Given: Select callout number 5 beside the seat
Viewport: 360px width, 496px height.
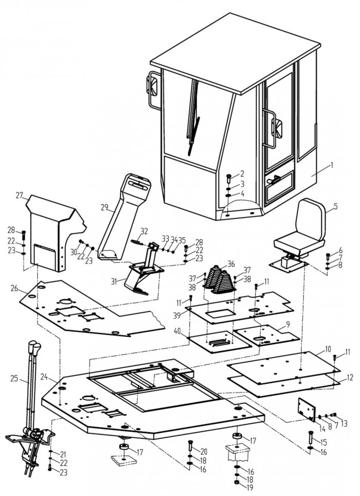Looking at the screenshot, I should (x=335, y=207).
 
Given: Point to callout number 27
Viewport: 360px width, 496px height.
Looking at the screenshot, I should (x=20, y=196).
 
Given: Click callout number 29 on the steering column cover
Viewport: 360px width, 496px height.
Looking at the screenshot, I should (x=104, y=207).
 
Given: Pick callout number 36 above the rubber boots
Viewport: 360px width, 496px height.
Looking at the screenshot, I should (x=231, y=264).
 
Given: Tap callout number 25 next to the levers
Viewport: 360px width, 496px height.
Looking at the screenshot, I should (x=14, y=379).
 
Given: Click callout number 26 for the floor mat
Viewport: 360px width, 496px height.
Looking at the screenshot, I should (x=14, y=288).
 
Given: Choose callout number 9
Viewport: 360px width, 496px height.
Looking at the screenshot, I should (x=288, y=325).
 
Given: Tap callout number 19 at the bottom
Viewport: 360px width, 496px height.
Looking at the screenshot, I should (x=250, y=486).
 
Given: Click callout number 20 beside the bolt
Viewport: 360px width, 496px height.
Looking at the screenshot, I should (x=204, y=451).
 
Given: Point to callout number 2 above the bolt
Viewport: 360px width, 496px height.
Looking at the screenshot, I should (x=242, y=173).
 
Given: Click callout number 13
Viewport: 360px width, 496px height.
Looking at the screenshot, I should (x=344, y=423).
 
